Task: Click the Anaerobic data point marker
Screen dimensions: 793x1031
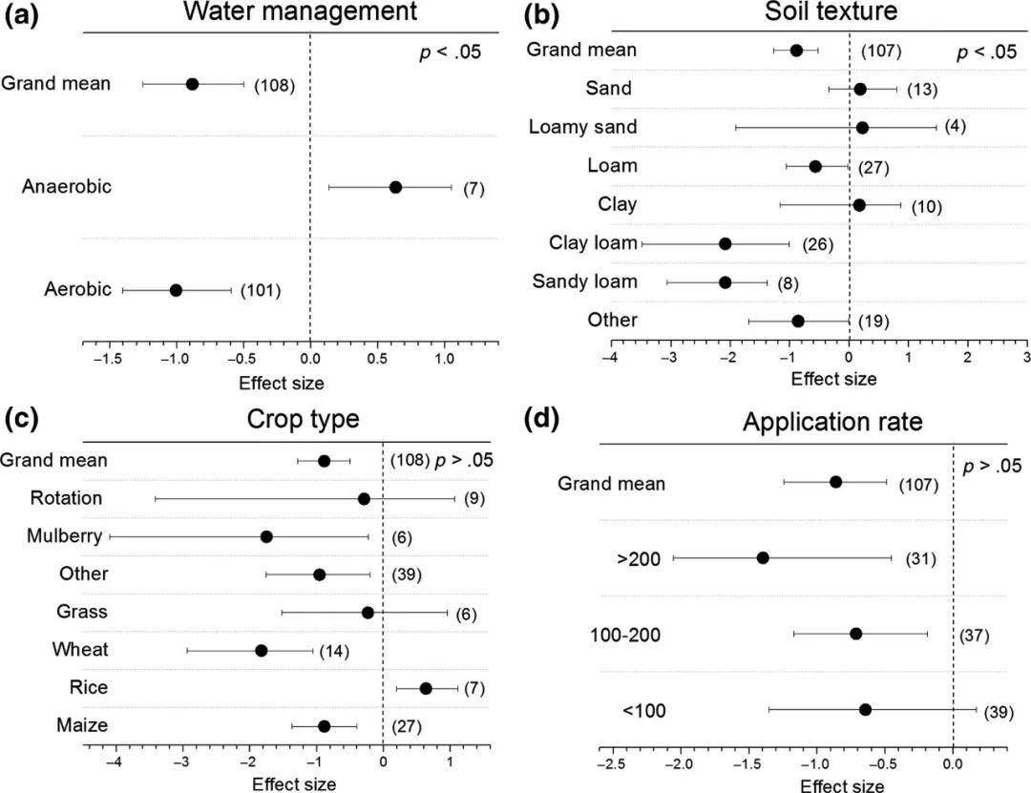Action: click(395, 187)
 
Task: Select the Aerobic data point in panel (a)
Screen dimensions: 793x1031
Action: click(176, 290)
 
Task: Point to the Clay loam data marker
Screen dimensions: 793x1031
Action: click(725, 244)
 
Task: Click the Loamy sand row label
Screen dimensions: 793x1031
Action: click(582, 127)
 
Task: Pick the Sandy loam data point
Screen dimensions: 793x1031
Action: click(725, 282)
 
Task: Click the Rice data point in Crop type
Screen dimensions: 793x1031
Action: click(426, 688)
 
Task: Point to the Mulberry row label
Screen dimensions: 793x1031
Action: click(64, 536)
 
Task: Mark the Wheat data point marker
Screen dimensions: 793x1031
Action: click(261, 651)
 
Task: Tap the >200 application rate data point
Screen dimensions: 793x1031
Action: click(763, 557)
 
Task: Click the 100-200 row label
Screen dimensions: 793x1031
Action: click(653, 635)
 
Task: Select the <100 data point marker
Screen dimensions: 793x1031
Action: click(865, 710)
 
